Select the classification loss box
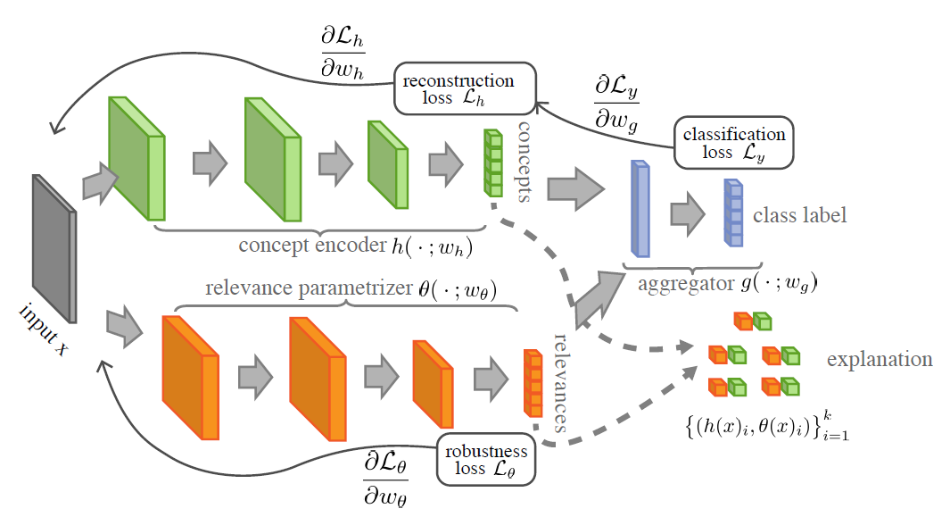click(x=733, y=143)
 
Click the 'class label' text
click(x=799, y=215)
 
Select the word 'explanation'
click(x=880, y=360)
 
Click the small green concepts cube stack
click(x=492, y=163)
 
